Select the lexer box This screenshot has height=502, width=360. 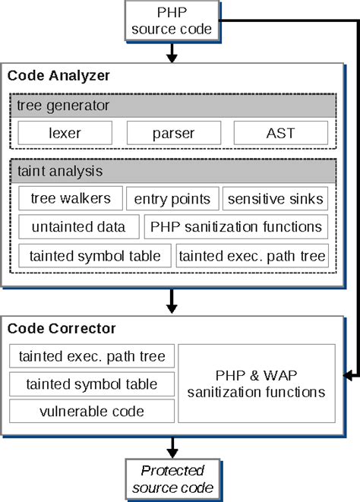(x=65, y=133)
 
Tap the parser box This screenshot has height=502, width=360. (x=172, y=133)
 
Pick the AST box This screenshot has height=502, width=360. (x=280, y=133)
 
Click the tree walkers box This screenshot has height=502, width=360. (x=70, y=199)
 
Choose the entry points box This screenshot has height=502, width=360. (x=172, y=199)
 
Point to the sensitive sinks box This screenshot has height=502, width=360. (x=274, y=199)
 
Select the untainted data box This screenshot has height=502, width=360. (x=78, y=226)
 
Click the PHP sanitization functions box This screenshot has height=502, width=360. (x=235, y=226)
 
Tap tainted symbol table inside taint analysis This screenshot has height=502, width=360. (x=95, y=255)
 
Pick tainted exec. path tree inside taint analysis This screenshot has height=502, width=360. (x=252, y=255)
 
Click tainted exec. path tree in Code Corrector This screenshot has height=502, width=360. (x=91, y=355)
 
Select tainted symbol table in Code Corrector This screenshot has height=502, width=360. (x=91, y=384)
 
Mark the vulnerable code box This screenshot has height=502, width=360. (x=91, y=411)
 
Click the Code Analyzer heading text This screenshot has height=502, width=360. (x=58, y=75)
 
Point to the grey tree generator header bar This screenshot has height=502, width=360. (x=172, y=105)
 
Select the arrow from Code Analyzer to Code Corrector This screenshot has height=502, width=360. (x=173, y=302)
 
